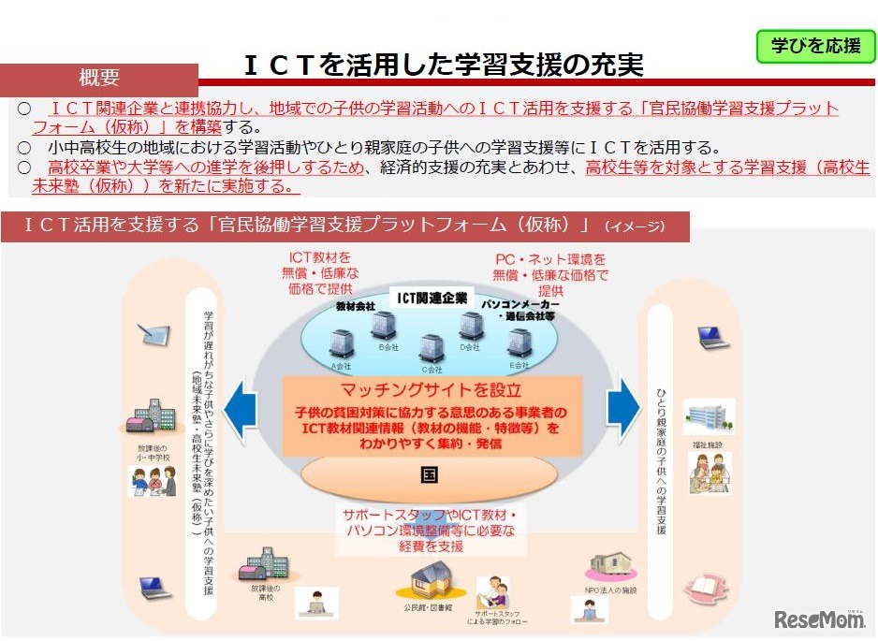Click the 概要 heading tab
(x=99, y=78)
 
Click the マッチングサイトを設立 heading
(x=432, y=390)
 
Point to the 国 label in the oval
(x=430, y=473)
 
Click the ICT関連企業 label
(x=432, y=299)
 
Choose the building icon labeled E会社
(x=519, y=342)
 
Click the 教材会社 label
(x=355, y=306)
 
